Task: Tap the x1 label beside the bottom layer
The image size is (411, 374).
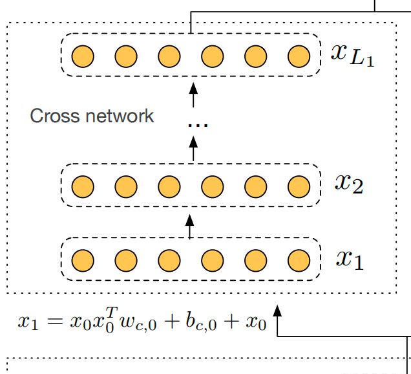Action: tap(350, 259)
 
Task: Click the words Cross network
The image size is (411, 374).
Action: tap(92, 116)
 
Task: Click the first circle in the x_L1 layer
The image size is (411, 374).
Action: tap(83, 56)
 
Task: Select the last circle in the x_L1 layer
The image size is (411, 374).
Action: tap(299, 56)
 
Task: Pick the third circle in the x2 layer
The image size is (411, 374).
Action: tap(169, 186)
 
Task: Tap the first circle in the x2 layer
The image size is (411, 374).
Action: tap(83, 186)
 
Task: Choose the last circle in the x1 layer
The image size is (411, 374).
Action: tap(299, 261)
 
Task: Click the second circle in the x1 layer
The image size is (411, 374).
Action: tap(126, 261)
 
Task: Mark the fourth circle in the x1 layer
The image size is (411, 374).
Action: tap(213, 261)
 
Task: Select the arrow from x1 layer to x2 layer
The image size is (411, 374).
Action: tap(190, 226)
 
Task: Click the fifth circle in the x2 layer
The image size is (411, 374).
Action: tap(256, 186)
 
